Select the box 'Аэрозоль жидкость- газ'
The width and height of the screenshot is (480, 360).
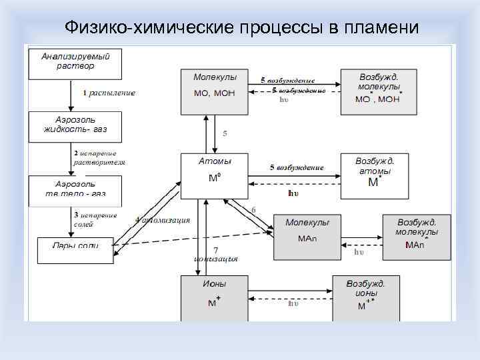click(x=75, y=126)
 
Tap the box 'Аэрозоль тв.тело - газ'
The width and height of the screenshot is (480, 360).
click(x=75, y=190)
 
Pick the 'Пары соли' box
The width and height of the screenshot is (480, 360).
click(x=75, y=245)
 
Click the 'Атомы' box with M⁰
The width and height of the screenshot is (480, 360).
click(x=215, y=176)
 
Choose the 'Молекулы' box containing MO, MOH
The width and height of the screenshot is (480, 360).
click(x=215, y=90)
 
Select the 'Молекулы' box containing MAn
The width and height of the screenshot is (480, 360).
click(x=307, y=235)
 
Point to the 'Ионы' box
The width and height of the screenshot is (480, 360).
click(x=215, y=297)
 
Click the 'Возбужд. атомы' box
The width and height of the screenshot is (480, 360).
click(x=374, y=176)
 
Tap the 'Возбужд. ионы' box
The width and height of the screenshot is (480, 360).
click(x=365, y=297)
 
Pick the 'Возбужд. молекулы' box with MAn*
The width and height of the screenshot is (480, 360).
click(x=416, y=235)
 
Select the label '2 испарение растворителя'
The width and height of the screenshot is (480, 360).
click(x=99, y=157)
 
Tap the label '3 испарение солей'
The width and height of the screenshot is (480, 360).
click(x=95, y=219)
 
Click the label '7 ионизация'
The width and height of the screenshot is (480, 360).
click(x=215, y=254)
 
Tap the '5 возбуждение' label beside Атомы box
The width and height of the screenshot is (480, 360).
click(x=297, y=167)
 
